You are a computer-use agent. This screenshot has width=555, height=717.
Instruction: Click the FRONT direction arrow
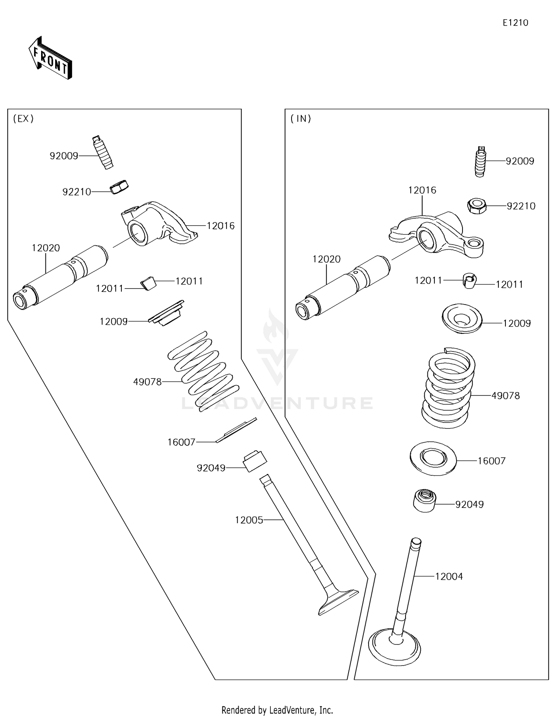[x=50, y=58]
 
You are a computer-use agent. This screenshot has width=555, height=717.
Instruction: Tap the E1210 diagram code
[x=515, y=23]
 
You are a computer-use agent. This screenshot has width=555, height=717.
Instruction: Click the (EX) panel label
[x=23, y=119]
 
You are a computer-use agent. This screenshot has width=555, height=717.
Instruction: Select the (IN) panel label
[x=301, y=119]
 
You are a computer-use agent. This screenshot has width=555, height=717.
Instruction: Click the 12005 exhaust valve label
[x=249, y=520]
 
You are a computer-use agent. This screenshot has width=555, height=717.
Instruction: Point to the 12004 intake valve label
[x=449, y=576]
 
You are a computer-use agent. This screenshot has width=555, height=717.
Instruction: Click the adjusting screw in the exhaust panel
[x=102, y=152]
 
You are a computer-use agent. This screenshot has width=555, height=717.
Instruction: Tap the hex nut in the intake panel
[x=477, y=206]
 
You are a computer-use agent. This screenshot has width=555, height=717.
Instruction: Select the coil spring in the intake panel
[x=448, y=388]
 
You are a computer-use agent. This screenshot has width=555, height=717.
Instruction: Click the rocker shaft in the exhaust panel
[x=60, y=277]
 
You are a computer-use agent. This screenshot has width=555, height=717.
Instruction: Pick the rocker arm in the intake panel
[x=437, y=234]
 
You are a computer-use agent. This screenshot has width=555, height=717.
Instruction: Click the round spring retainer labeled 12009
[x=462, y=318]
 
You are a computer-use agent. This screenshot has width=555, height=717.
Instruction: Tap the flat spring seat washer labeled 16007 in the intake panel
[x=433, y=458]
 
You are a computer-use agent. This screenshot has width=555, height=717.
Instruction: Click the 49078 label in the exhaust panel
[x=147, y=382]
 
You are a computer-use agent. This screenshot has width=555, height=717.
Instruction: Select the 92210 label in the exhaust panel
[x=77, y=192]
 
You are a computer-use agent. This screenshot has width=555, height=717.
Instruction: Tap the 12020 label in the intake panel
[x=326, y=259]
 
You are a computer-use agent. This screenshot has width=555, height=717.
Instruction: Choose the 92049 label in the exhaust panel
[x=211, y=468]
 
